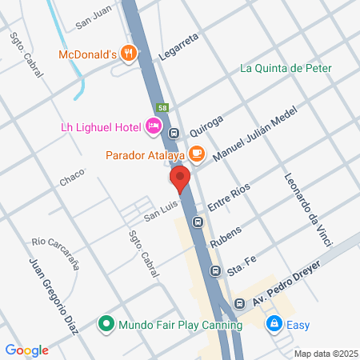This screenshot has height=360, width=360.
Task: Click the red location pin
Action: tap(179, 180)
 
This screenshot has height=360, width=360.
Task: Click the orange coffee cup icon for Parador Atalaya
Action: tap(197, 154)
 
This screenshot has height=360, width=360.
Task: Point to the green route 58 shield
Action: tap(162, 108)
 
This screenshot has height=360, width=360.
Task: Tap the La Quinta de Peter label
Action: tap(286, 68)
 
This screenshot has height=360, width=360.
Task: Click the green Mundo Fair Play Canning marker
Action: tap(106, 325)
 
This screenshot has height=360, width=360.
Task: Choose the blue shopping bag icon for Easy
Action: tap(274, 325)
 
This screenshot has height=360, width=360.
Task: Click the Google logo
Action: tap(27, 350)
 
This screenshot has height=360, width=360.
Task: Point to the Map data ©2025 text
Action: tap(325, 354)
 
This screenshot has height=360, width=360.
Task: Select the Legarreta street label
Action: tap(167, 53)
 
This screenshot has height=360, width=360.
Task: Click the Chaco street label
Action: tap(72, 181)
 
